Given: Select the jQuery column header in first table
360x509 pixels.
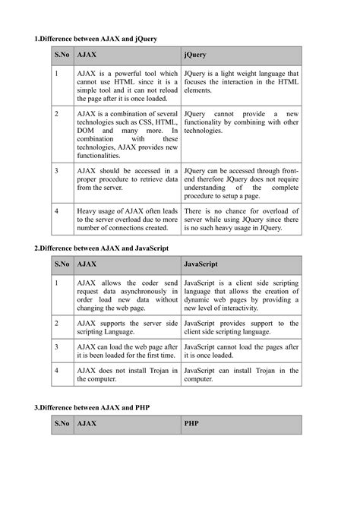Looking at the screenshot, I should point(242,55).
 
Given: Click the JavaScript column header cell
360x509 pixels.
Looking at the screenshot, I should point(242,265).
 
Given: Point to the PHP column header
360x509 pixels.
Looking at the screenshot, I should point(242,426).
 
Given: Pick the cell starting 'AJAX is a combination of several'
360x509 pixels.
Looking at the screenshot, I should point(127,134).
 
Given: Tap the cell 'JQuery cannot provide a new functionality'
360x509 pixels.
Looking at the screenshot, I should point(242,122).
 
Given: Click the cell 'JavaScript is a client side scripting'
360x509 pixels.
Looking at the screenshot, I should point(242,293).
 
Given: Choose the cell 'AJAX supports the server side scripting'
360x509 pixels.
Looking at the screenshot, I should point(127,327).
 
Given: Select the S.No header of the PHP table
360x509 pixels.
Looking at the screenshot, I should point(62,426).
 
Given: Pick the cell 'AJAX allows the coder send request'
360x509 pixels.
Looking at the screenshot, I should point(127,293).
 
